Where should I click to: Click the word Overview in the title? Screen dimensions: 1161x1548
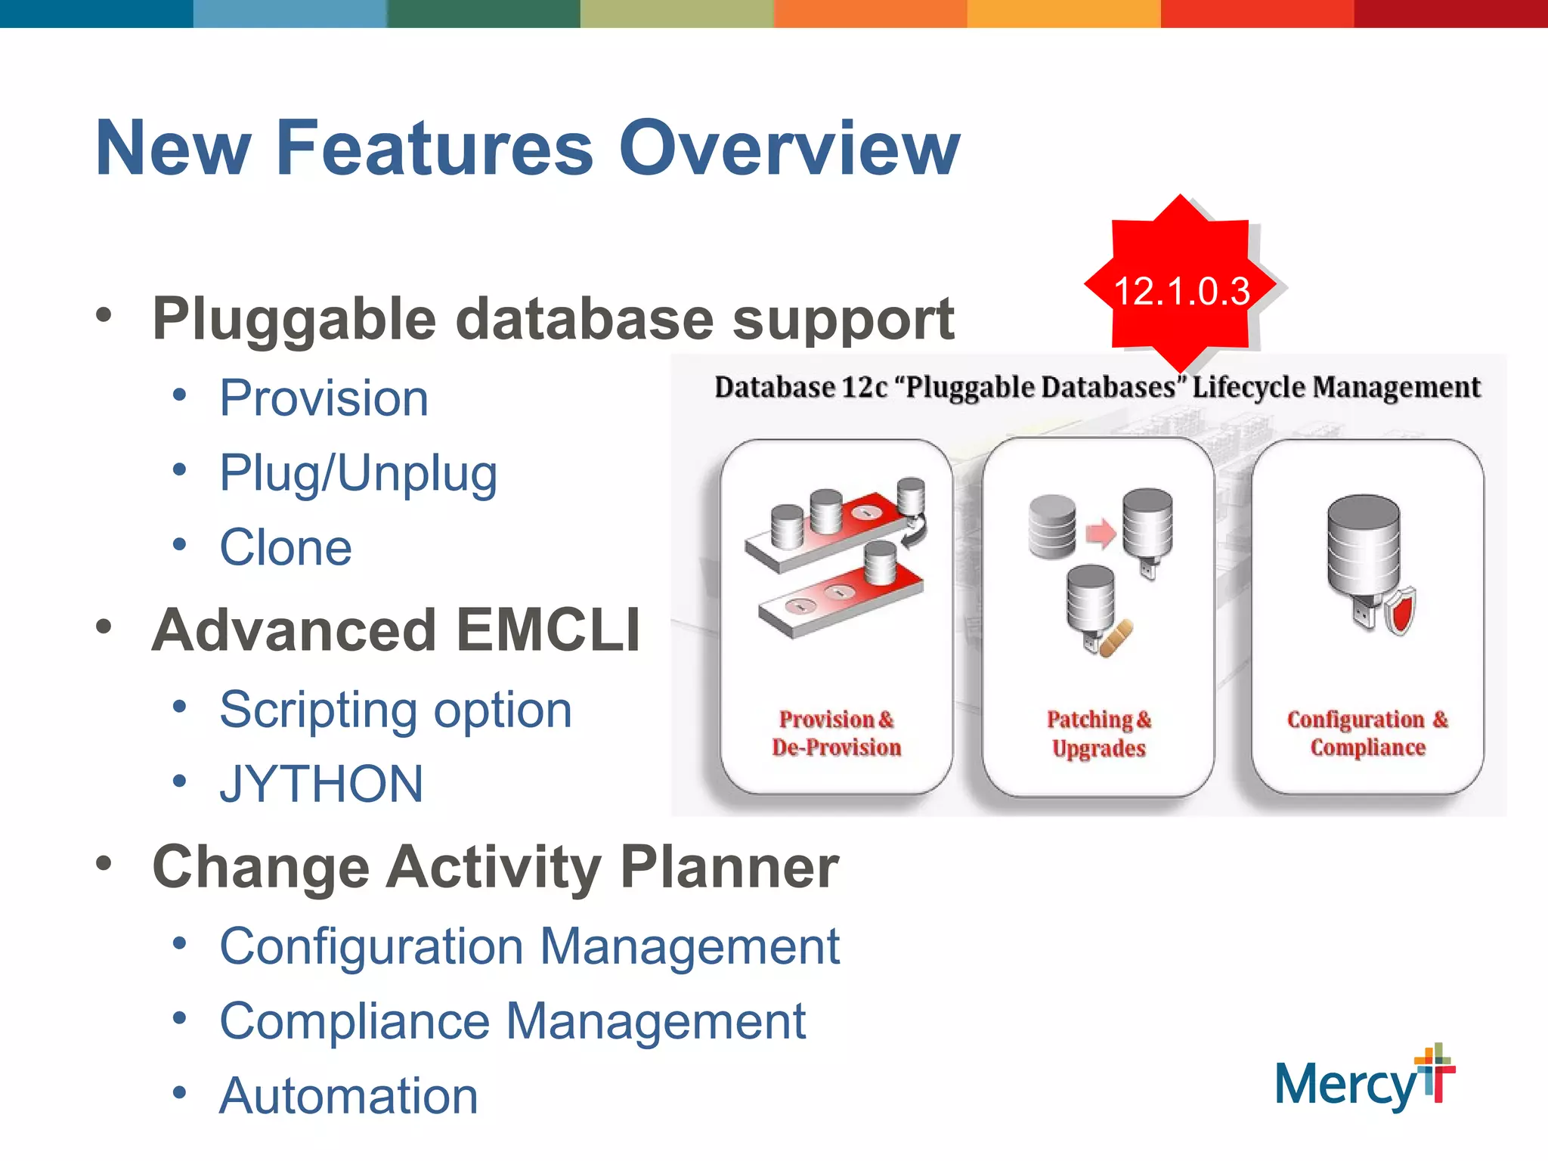[788, 148]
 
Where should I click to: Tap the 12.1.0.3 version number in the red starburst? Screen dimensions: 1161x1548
[1181, 291]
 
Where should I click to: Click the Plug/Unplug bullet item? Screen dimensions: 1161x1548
[358, 473]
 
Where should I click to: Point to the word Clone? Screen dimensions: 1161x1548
[286, 547]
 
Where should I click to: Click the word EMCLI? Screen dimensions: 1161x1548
[549, 630]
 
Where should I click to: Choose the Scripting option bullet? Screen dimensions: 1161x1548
[395, 710]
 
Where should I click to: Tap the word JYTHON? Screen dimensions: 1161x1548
[321, 784]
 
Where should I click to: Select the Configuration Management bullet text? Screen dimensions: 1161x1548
[529, 946]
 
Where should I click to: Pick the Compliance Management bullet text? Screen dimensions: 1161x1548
[512, 1021]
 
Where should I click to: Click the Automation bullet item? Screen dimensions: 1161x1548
[348, 1096]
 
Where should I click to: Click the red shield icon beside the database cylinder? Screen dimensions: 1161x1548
[1400, 611]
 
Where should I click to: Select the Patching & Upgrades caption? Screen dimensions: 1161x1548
[1098, 733]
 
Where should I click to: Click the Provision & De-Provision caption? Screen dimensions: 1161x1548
[836, 733]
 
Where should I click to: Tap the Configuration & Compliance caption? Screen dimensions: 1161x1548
[1367, 733]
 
